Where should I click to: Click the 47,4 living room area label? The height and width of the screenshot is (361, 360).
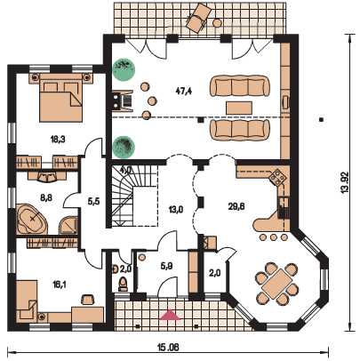184,91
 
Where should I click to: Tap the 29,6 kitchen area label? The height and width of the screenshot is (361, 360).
236,206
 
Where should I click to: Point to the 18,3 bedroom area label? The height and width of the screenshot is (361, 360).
58,140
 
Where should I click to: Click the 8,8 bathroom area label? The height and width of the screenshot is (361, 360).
46,197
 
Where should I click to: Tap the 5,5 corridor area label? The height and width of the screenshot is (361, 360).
93,202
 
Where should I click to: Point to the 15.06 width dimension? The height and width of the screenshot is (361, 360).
168,347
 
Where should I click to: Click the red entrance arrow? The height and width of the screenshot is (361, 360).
170,315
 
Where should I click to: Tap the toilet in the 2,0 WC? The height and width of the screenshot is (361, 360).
123,284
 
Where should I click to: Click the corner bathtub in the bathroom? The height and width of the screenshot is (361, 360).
32,219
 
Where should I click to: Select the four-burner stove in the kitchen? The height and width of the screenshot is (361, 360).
277,177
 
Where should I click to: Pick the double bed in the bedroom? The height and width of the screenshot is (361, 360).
60,97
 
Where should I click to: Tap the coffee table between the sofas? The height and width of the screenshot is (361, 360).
239,108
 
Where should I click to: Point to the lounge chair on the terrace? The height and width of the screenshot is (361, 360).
198,16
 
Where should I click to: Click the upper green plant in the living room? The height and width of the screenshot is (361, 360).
124,69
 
